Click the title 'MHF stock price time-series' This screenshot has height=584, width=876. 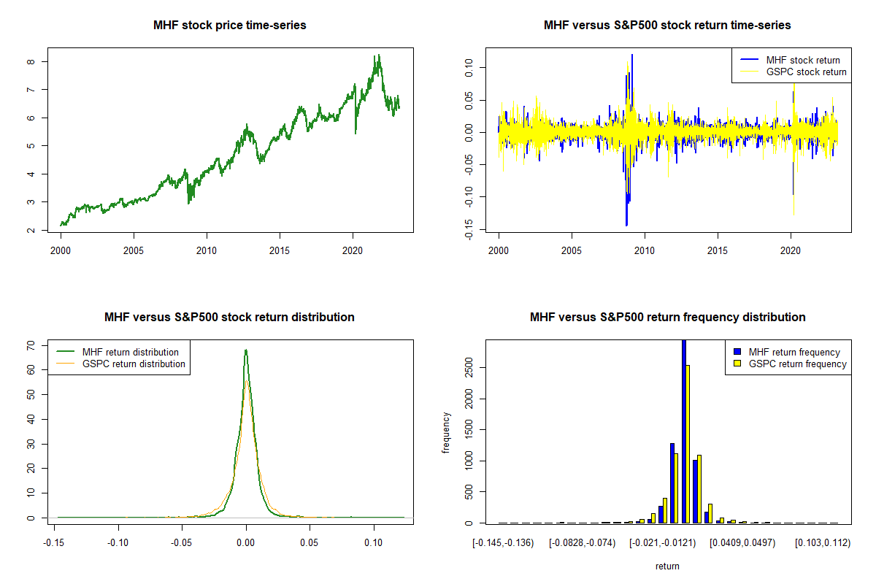pos(229,26)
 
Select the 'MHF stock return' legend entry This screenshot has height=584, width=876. pos(803,60)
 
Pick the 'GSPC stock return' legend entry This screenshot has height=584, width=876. pos(806,72)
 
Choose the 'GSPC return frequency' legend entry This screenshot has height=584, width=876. pos(798,364)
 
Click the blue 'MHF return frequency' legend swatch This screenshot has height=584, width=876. pos(738,352)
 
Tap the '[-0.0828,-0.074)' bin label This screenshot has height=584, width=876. pos(581,543)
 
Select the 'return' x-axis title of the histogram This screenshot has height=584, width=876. pos(667,566)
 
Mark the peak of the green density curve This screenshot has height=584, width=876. pos(246,350)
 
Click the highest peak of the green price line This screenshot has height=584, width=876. pos(378,55)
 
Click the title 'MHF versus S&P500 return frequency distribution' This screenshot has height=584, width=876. pos(667,318)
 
